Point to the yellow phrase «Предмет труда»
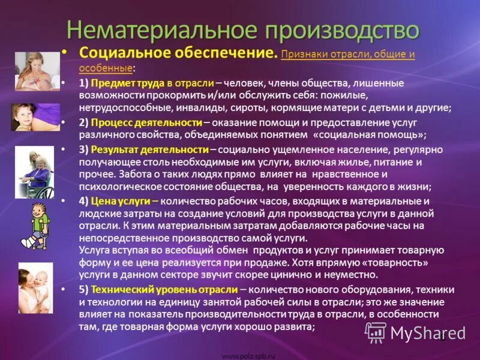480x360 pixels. point(127,83)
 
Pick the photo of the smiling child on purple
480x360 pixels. point(35,117)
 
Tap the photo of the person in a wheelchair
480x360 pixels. point(34,173)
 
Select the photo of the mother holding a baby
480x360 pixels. point(35,287)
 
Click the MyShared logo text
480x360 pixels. point(428,334)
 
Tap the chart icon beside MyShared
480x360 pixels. point(376,332)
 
